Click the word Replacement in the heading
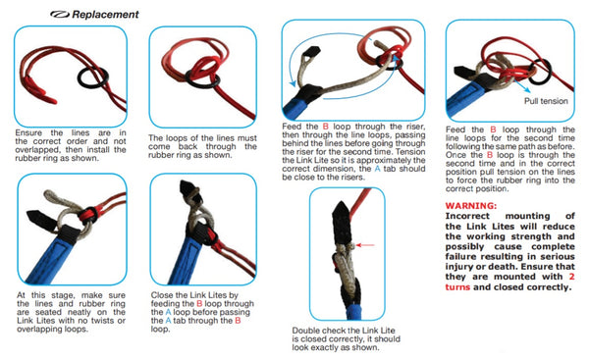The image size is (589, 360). (x=105, y=15)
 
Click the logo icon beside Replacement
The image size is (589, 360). (x=59, y=15)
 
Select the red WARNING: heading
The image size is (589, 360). (x=470, y=206)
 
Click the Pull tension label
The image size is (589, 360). (x=546, y=101)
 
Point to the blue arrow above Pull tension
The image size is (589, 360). (x=522, y=84)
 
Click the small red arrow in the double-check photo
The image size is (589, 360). (x=365, y=245)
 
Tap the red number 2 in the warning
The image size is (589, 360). (x=571, y=277)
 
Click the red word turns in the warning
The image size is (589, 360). (x=457, y=287)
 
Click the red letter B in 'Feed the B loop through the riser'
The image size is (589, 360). (x=325, y=127)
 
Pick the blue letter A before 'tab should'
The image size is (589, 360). (x=377, y=169)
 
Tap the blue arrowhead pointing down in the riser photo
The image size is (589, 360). (x=293, y=83)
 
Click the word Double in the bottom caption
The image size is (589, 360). (x=305, y=331)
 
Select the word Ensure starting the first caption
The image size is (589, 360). (x=28, y=133)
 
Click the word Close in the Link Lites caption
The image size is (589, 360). (x=163, y=295)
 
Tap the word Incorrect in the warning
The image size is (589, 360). (x=467, y=216)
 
